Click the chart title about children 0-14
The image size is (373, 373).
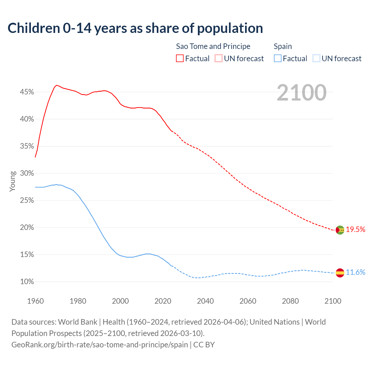pyautogui.click(x=135, y=28)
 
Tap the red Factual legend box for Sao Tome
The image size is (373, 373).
pyautogui.click(x=180, y=59)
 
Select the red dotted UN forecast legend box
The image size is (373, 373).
pyautogui.click(x=219, y=59)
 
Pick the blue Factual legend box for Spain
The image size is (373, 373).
pyautogui.click(x=278, y=59)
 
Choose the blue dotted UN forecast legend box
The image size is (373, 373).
pyautogui.click(x=316, y=59)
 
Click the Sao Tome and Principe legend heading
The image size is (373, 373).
pyautogui.click(x=213, y=46)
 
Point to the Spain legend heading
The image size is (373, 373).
pyautogui.click(x=283, y=46)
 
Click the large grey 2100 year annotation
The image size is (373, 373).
pyautogui.click(x=301, y=93)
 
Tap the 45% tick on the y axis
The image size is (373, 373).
pyautogui.click(x=27, y=92)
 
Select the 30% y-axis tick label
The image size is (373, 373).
pyautogui.click(x=27, y=173)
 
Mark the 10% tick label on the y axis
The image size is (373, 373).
pyautogui.click(x=27, y=282)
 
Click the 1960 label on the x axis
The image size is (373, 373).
pyautogui.click(x=35, y=301)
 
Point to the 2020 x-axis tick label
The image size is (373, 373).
pyautogui.click(x=163, y=301)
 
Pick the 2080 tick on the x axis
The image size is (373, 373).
pyautogui.click(x=290, y=301)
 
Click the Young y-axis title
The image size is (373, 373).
pyautogui.click(x=13, y=181)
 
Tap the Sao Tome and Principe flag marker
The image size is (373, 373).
pyautogui.click(x=340, y=230)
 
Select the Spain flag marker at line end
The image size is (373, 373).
pyautogui.click(x=340, y=273)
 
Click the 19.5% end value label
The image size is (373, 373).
pyautogui.click(x=356, y=230)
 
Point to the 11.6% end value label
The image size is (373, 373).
pyautogui.click(x=356, y=272)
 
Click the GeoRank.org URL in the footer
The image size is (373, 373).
pyautogui.click(x=100, y=345)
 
